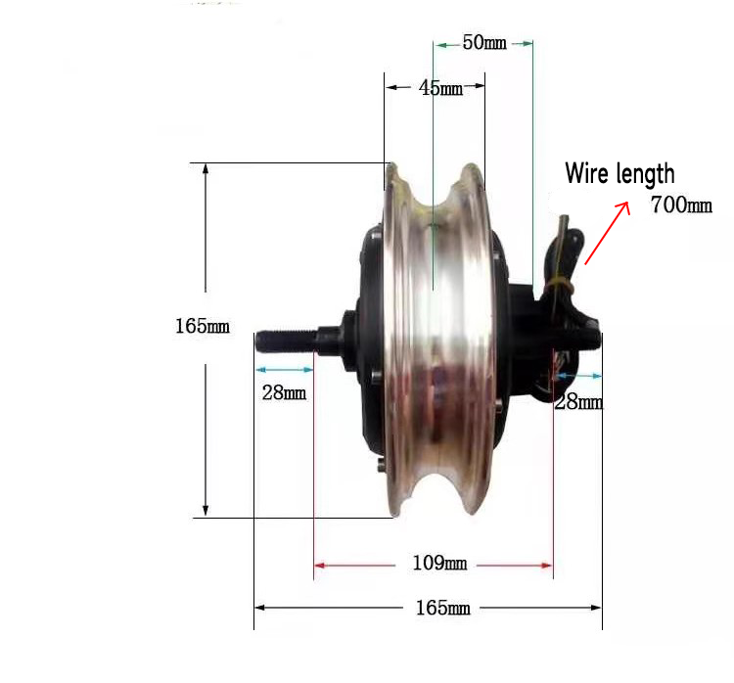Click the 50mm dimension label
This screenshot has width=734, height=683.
[484, 44]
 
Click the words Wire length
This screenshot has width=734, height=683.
[619, 174]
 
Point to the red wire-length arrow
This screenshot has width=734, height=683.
[607, 232]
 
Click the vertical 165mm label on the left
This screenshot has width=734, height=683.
[202, 326]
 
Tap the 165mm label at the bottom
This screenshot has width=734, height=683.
[442, 608]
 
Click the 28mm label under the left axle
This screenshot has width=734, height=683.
[284, 393]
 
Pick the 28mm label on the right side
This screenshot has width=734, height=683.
[578, 402]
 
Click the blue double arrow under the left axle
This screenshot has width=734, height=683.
[284, 370]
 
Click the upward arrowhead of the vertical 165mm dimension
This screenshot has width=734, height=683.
[206, 169]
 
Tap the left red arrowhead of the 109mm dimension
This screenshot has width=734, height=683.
[319, 565]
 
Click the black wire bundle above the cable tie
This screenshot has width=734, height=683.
[567, 245]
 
